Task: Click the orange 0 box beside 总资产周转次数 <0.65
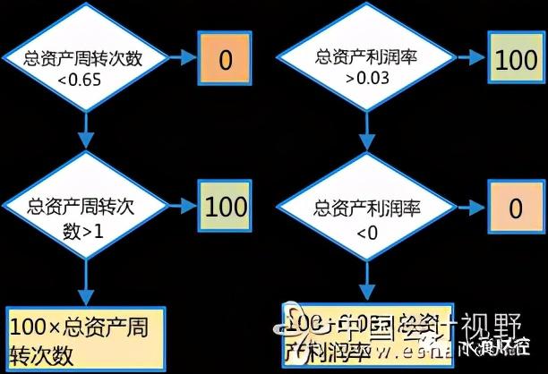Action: [x=225, y=61]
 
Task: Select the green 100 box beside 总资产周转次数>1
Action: [x=225, y=207]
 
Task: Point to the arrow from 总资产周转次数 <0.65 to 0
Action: [x=183, y=61]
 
